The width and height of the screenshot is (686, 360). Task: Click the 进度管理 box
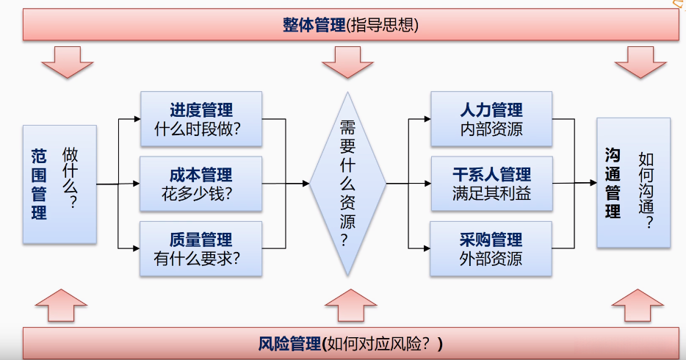click(x=201, y=119)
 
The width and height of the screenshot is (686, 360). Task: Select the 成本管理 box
click(x=201, y=184)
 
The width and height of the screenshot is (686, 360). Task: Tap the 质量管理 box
click(x=201, y=248)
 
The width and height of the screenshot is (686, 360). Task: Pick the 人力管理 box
click(x=491, y=119)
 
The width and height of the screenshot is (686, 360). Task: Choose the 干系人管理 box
click(x=492, y=184)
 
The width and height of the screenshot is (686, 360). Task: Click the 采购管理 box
click(x=491, y=248)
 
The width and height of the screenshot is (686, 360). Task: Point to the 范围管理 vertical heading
click(x=39, y=184)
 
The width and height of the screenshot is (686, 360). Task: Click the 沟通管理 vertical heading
click(x=613, y=183)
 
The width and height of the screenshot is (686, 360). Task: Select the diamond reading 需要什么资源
click(x=348, y=184)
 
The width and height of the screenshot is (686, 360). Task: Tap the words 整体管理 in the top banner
click(x=314, y=25)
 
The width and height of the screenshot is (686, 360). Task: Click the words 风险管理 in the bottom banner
click(x=289, y=344)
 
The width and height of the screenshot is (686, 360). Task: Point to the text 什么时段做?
click(x=198, y=129)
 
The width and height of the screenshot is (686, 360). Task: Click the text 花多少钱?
click(x=197, y=194)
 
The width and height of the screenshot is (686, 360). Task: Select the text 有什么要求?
click(x=197, y=259)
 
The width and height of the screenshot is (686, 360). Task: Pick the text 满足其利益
click(x=492, y=194)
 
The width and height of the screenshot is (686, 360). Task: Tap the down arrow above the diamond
click(x=348, y=62)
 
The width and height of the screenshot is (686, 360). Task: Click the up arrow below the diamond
click(x=351, y=306)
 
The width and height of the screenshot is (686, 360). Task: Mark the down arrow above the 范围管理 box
click(x=68, y=62)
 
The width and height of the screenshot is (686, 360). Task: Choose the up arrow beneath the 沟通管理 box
click(x=638, y=306)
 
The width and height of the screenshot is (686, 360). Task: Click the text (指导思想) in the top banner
click(x=383, y=25)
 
